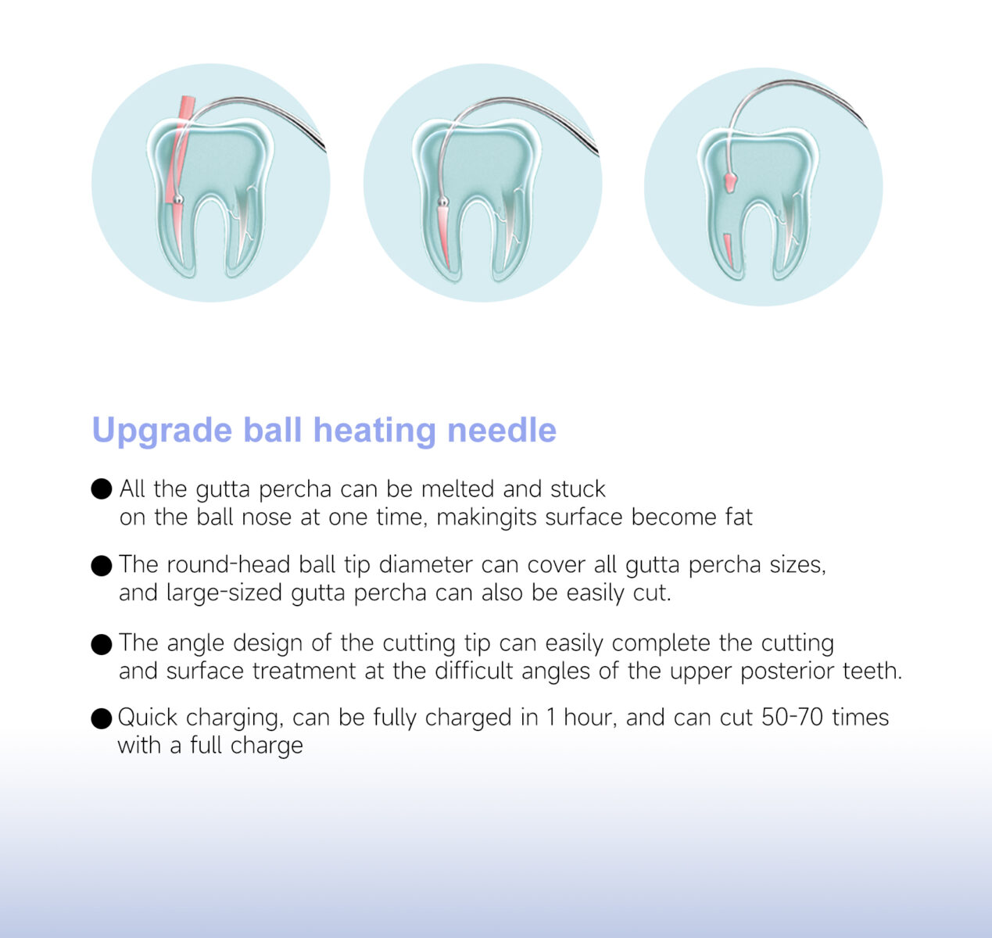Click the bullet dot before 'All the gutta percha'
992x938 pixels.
coord(102,489)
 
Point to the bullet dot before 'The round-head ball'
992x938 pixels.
coord(102,565)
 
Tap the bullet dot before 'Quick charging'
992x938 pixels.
coord(102,718)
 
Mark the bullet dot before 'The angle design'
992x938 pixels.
coord(102,644)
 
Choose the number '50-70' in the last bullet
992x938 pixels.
coord(792,718)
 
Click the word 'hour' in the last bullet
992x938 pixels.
coord(590,718)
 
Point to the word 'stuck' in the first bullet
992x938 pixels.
coord(578,489)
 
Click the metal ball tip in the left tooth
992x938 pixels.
coord(179,200)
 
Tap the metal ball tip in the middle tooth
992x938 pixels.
coord(443,202)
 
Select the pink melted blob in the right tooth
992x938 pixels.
coord(730,181)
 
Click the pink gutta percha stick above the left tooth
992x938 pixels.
coord(185,109)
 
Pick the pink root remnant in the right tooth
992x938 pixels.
coord(728,248)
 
